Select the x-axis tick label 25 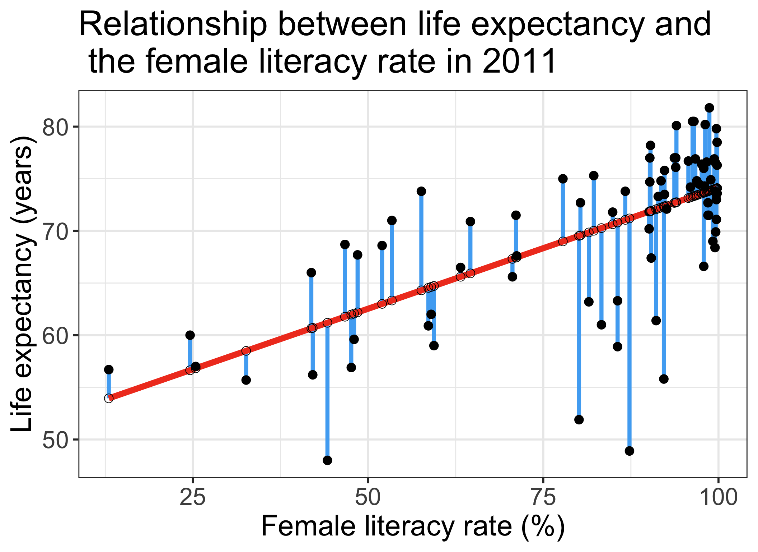coord(193,498)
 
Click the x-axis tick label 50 coord(368,498)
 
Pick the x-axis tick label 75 coord(543,498)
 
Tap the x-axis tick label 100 coord(718,498)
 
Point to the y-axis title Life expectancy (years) coord(22,284)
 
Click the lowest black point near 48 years coord(327,460)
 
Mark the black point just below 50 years coord(630,451)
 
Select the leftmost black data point coord(109,370)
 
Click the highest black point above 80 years coord(709,108)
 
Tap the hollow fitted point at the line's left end coord(109,398)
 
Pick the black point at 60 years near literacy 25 coord(190,335)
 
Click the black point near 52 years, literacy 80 coord(579,420)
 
